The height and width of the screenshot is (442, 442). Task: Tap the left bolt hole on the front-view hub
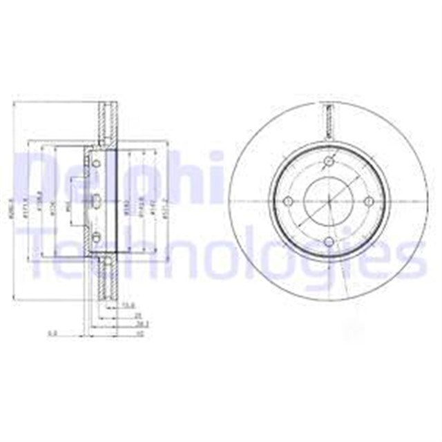coord(289,201)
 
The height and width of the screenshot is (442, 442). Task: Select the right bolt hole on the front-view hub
coord(369,201)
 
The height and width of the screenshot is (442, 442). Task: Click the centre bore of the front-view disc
coord(329,201)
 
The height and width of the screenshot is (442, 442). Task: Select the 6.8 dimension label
coord(51,333)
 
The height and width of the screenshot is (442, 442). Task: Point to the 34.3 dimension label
coord(124,323)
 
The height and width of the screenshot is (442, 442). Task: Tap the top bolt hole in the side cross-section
coord(97,163)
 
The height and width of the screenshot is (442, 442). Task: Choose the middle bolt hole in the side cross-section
coord(97,201)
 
